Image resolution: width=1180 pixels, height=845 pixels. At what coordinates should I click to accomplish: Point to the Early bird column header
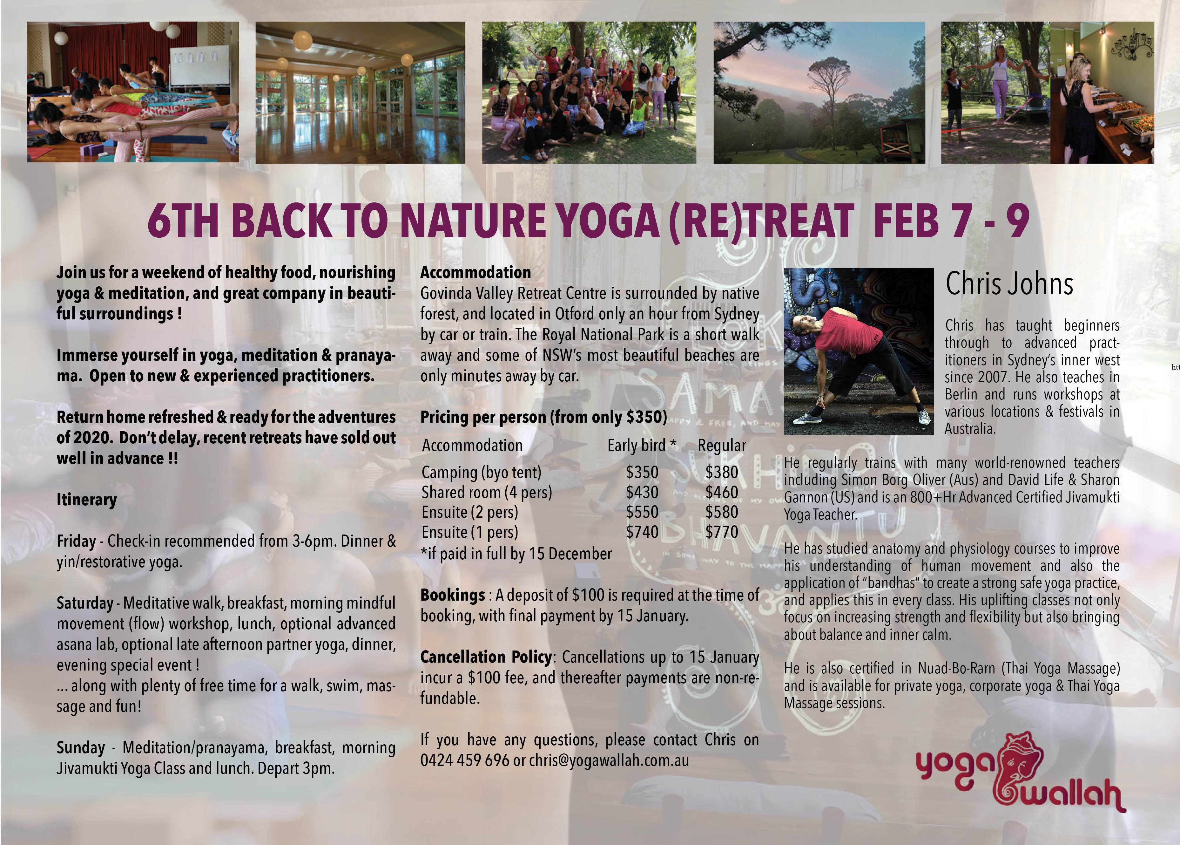pos(642,446)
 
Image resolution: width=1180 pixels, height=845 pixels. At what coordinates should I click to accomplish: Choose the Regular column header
pos(722,446)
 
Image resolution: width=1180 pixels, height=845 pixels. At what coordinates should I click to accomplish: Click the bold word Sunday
pos(81,748)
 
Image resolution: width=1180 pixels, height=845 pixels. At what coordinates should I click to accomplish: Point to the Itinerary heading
pos(87,500)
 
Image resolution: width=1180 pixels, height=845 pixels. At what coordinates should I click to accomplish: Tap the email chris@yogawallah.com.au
pos(609,761)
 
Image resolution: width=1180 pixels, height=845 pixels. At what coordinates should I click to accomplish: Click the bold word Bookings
pos(452,595)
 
